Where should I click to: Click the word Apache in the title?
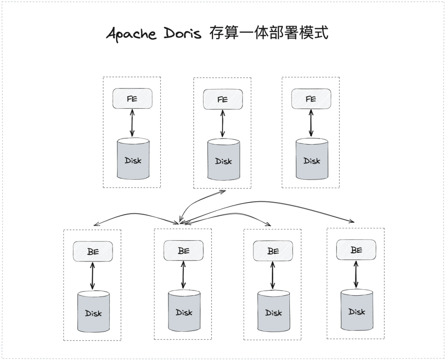tap(131, 33)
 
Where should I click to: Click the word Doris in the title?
tap(182, 33)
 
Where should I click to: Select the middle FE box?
tap(223, 99)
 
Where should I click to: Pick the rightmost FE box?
tap(311, 99)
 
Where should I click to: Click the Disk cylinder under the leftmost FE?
tap(133, 159)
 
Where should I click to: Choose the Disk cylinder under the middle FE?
tap(223, 160)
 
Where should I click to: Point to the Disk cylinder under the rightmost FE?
tap(312, 160)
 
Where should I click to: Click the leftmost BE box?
tap(93, 251)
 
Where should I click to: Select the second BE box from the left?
tap(183, 251)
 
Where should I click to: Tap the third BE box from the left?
tap(273, 251)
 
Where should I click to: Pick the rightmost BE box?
tap(356, 250)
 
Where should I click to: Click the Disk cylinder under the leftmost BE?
tap(93, 313)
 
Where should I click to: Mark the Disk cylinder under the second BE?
tap(184, 312)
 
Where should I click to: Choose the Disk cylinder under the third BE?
tap(273, 313)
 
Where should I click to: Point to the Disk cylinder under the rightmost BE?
tap(356, 311)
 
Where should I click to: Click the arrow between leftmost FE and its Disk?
tap(132, 123)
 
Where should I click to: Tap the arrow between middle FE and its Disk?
tap(223, 123)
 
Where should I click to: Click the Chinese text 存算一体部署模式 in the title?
tap(268, 33)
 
